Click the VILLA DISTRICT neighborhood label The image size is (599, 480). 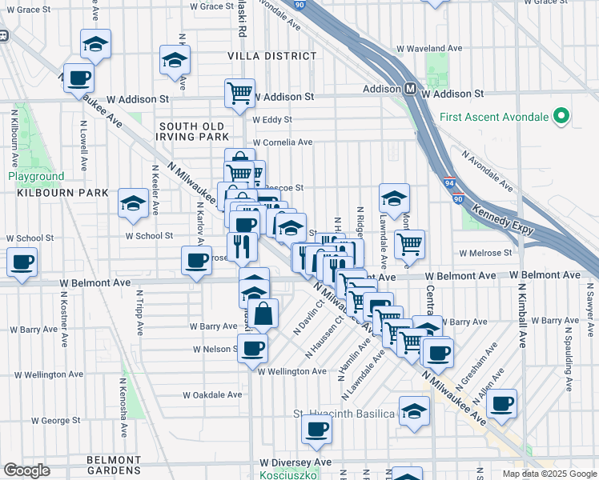pos(272,56)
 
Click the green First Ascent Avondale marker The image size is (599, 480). pos(561,117)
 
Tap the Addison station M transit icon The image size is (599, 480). pos(409,89)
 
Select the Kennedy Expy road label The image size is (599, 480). pos(501,219)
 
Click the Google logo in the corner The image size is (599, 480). pos(27,470)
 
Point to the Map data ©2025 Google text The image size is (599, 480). pos(549,474)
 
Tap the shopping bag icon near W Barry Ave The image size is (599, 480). pos(263,314)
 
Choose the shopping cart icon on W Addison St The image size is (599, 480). pos(239,93)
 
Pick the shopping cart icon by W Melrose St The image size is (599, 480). pos(409,243)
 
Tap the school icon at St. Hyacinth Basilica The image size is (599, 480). pos(414,410)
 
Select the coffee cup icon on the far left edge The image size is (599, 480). pos(22,261)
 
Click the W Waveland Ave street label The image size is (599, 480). pos(434,48)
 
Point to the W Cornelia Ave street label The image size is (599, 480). pos(282,142)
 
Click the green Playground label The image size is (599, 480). pos(36,176)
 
